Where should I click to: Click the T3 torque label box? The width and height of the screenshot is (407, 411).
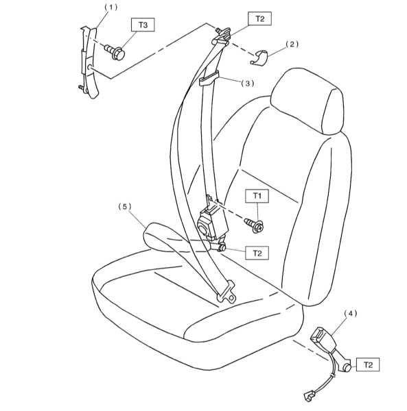[143, 25]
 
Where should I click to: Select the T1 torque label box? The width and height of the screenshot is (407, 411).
[257, 196]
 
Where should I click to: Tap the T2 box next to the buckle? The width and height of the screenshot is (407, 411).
[368, 364]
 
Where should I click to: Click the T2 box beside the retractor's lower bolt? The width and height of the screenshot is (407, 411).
[257, 253]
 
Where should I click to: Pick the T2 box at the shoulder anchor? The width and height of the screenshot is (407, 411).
[259, 18]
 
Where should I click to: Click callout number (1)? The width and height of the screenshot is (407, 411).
[111, 8]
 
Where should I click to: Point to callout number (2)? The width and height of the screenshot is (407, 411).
[292, 44]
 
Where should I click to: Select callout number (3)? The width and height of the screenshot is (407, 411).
[248, 84]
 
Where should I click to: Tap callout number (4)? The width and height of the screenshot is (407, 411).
[351, 313]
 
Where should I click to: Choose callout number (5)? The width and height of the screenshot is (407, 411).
[124, 207]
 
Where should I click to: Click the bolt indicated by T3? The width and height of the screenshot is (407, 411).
[115, 52]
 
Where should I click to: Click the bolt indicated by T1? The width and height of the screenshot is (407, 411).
[254, 225]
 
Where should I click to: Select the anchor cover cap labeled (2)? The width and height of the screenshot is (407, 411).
[259, 58]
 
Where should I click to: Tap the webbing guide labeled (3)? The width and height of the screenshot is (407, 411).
[209, 78]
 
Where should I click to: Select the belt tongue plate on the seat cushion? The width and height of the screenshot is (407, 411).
[226, 292]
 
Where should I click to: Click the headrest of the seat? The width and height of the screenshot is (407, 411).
[307, 101]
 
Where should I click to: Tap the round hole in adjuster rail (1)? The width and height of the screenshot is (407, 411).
[89, 67]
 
